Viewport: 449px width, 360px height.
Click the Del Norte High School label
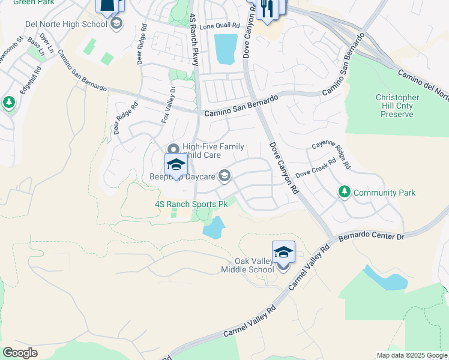[66, 25]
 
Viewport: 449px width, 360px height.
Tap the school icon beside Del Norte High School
[116, 25]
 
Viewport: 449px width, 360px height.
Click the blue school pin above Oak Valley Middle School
[283, 253]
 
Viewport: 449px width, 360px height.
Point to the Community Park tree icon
[345, 193]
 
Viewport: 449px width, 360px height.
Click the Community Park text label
[384, 193]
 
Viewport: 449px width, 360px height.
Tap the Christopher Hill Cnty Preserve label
[397, 106]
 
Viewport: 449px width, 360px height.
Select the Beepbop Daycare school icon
[224, 175]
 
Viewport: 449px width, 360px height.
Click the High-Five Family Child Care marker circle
[173, 149]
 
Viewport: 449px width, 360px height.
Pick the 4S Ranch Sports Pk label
[191, 204]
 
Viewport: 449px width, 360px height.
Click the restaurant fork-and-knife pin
[267, 8]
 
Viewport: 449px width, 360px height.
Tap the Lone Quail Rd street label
[220, 26]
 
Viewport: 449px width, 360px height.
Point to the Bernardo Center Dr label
[372, 238]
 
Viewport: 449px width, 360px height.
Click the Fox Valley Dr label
[169, 106]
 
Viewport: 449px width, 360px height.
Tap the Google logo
[20, 353]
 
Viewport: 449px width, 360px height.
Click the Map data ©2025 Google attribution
[412, 355]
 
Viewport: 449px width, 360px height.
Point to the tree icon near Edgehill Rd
[8, 103]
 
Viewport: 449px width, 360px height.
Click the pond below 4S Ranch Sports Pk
[213, 227]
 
